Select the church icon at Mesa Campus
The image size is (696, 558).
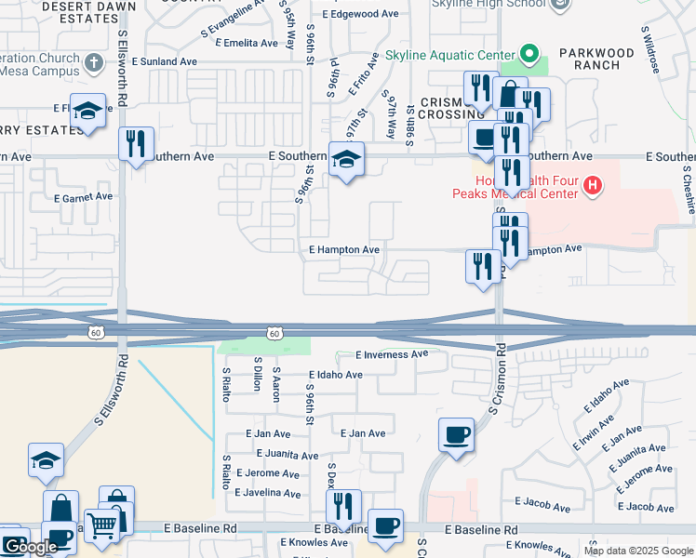(x=91, y=63)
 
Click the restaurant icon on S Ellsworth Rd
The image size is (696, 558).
(x=137, y=145)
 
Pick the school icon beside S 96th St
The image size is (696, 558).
(x=346, y=162)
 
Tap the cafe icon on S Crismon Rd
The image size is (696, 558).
(x=456, y=435)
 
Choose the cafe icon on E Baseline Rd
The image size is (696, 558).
(x=385, y=525)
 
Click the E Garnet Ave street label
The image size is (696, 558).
(x=83, y=197)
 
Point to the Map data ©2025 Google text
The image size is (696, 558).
(x=637, y=551)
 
